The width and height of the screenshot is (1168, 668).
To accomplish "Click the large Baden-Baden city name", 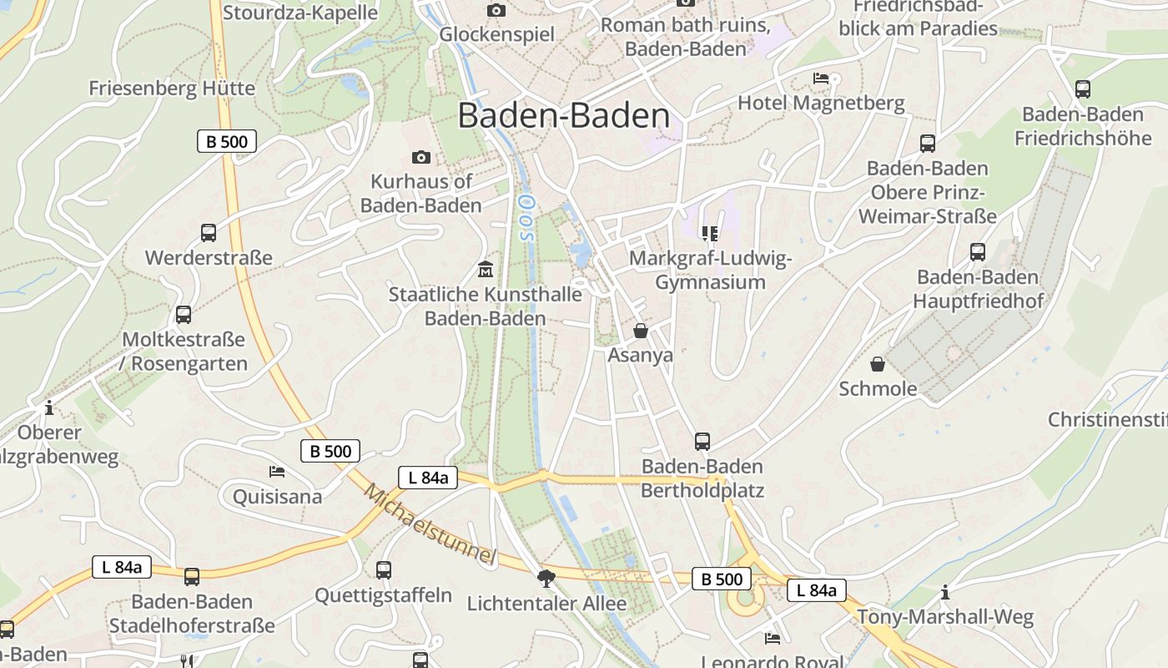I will pyautogui.click(x=564, y=116).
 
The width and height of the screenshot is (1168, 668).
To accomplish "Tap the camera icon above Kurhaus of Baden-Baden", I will pyautogui.click(x=421, y=157).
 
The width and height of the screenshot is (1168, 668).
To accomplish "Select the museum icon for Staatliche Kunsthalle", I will pyautogui.click(x=485, y=270).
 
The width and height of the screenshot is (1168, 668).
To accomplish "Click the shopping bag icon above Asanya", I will pyautogui.click(x=641, y=331).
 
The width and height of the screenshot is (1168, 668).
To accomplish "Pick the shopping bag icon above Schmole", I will pyautogui.click(x=878, y=364).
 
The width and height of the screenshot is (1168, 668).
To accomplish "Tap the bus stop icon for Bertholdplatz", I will pyautogui.click(x=702, y=441).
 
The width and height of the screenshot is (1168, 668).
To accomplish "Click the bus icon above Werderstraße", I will pyautogui.click(x=209, y=233).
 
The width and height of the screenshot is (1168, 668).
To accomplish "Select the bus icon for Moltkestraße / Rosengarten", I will pyautogui.click(x=184, y=315).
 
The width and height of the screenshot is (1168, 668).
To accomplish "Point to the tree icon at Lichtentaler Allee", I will pyautogui.click(x=546, y=578).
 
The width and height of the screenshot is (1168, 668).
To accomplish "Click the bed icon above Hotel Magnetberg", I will pyautogui.click(x=821, y=78).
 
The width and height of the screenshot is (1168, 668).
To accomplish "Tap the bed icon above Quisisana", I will pyautogui.click(x=277, y=472).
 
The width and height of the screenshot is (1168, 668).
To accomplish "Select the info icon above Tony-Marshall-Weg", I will pyautogui.click(x=945, y=593).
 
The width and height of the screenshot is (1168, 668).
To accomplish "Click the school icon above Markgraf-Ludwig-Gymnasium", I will pyautogui.click(x=710, y=234).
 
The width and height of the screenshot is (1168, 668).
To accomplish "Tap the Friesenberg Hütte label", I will pyautogui.click(x=172, y=89).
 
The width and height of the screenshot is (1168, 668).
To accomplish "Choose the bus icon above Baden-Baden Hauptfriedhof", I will pyautogui.click(x=978, y=251).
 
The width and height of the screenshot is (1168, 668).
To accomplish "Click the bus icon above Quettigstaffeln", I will pyautogui.click(x=384, y=570).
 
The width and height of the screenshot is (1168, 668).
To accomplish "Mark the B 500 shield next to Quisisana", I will pyautogui.click(x=330, y=451).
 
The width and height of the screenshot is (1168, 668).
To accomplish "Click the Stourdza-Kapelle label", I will pyautogui.click(x=300, y=13).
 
